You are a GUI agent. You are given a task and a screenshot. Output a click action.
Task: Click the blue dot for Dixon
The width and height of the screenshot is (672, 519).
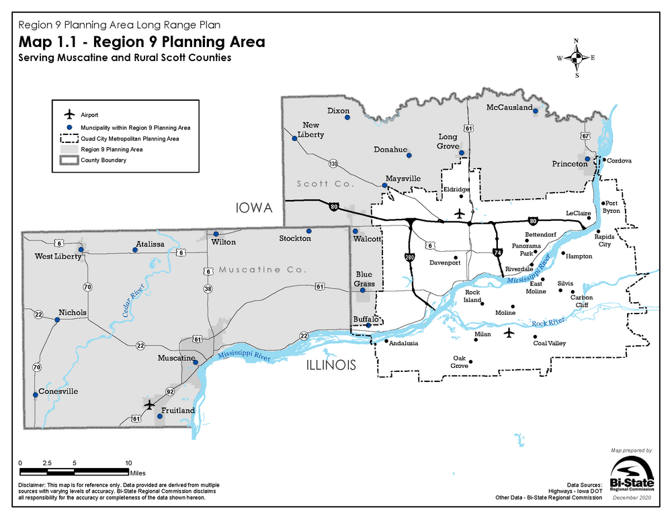[x=347, y=118]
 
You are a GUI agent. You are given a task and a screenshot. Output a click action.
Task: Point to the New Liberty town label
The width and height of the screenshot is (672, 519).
[x=313, y=130]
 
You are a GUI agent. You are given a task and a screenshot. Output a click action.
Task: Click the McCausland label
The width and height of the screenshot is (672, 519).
[x=509, y=107]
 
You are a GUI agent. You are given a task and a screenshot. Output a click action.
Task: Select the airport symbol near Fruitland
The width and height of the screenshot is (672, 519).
[x=149, y=405]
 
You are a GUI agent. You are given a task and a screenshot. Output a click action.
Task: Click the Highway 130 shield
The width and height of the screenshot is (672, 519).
[x=333, y=163]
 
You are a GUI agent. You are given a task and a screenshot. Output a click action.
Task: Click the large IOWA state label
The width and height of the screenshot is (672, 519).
[x=253, y=209]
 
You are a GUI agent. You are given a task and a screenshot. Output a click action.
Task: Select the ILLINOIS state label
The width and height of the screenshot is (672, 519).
[x=330, y=365]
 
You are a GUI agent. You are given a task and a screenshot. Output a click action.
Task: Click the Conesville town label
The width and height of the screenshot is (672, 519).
[x=58, y=391]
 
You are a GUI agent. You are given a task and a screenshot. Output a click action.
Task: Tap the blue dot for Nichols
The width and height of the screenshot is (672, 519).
[x=57, y=320]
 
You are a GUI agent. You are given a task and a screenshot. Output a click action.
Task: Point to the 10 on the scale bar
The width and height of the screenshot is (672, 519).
[x=128, y=463]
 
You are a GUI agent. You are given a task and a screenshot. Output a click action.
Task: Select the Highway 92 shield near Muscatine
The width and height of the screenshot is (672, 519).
[x=171, y=391]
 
